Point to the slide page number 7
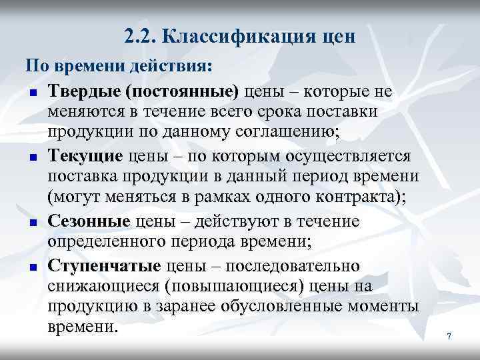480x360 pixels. click(x=449, y=337)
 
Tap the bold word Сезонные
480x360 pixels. click(x=89, y=221)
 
